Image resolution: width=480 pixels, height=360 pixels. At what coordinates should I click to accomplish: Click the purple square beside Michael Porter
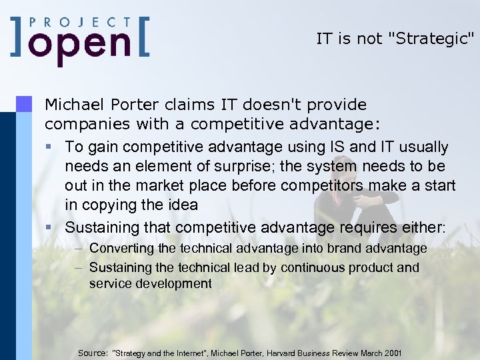point(24,103)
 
